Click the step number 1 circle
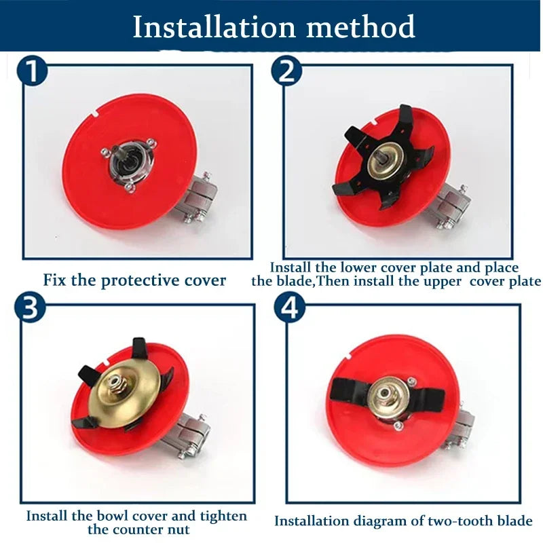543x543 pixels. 32,72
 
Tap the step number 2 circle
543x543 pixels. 286,71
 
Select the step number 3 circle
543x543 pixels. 30,307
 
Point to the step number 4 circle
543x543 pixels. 291,307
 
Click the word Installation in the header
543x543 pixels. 214,26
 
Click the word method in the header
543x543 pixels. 361,26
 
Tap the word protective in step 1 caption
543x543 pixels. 141,280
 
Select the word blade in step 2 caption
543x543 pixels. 299,281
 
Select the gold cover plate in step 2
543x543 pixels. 385,160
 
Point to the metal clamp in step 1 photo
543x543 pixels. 196,198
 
